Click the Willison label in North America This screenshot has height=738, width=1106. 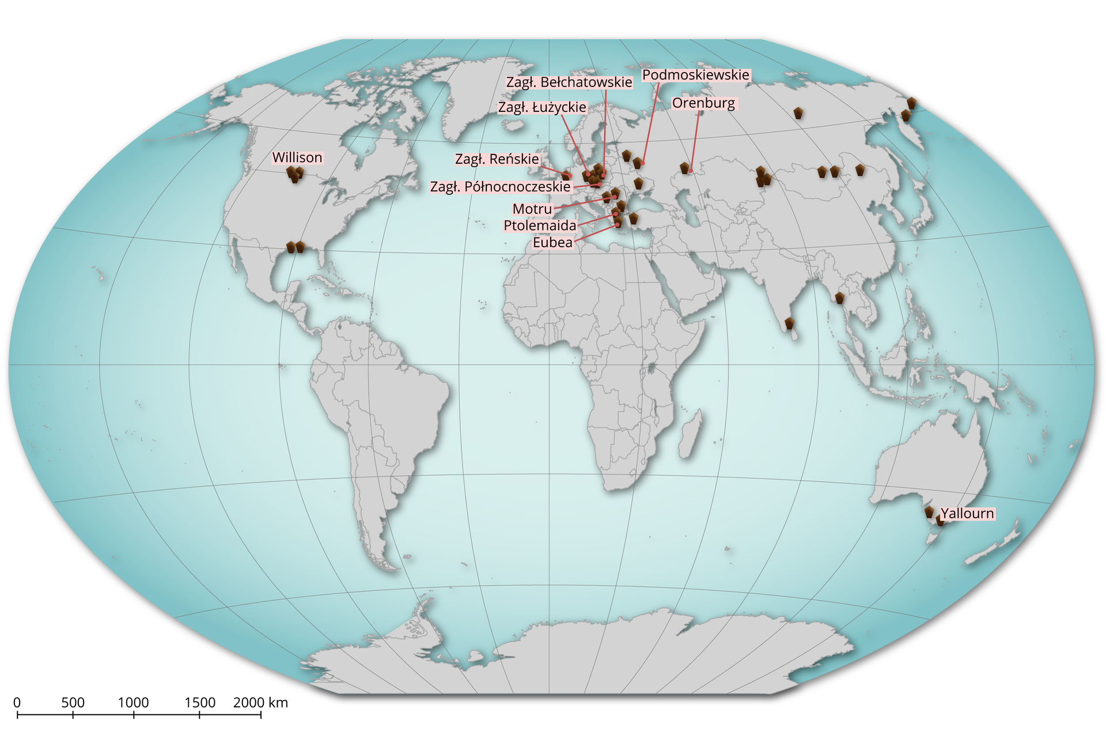[297, 157]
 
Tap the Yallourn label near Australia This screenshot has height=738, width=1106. [967, 513]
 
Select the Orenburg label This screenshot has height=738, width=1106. [703, 103]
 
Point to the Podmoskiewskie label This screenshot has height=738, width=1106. [695, 75]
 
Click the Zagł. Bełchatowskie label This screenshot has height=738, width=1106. [569, 82]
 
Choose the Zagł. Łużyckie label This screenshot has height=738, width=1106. [542, 107]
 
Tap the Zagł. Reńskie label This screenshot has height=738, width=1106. [497, 159]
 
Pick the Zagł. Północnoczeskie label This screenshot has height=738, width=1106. [500, 186]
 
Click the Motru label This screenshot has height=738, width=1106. [532, 208]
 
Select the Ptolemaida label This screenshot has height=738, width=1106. [540, 225]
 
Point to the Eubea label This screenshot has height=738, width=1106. [552, 242]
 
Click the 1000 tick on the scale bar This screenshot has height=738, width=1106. [134, 714]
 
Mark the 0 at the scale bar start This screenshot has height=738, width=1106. [17, 702]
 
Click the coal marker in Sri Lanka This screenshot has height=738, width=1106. [789, 324]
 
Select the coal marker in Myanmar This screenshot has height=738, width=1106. [839, 298]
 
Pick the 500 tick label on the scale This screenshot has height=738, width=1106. [73, 702]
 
